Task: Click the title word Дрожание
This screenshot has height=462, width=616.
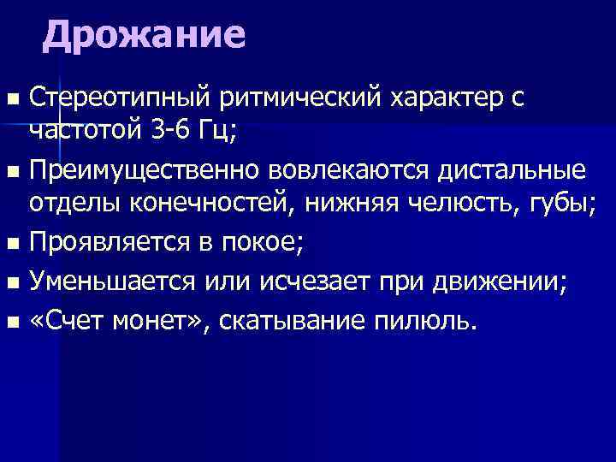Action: (145, 36)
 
